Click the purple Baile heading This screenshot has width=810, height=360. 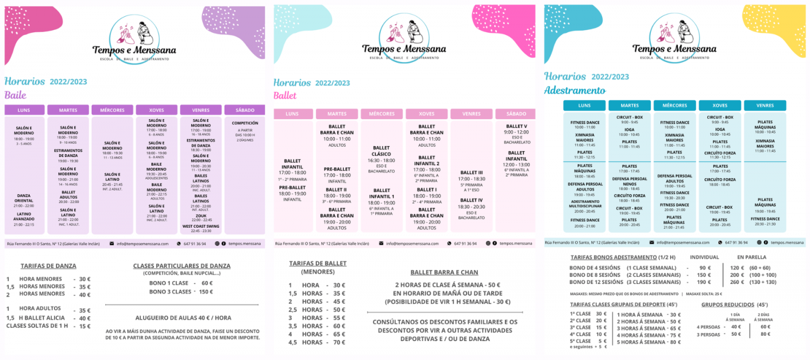15,96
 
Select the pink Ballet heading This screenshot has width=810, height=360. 285,96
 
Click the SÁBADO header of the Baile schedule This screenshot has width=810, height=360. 245,110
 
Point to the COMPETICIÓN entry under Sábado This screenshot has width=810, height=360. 245,123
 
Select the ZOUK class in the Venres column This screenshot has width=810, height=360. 200,215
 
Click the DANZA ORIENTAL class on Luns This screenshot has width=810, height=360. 24,198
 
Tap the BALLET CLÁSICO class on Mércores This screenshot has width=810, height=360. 381,151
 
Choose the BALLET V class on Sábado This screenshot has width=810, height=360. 516,126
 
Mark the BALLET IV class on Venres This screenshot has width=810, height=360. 471,200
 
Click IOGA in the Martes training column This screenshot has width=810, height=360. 629,130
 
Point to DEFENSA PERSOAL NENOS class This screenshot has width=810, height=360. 629,181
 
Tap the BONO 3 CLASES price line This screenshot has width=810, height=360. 181,291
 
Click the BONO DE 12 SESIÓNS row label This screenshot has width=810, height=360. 596,282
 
